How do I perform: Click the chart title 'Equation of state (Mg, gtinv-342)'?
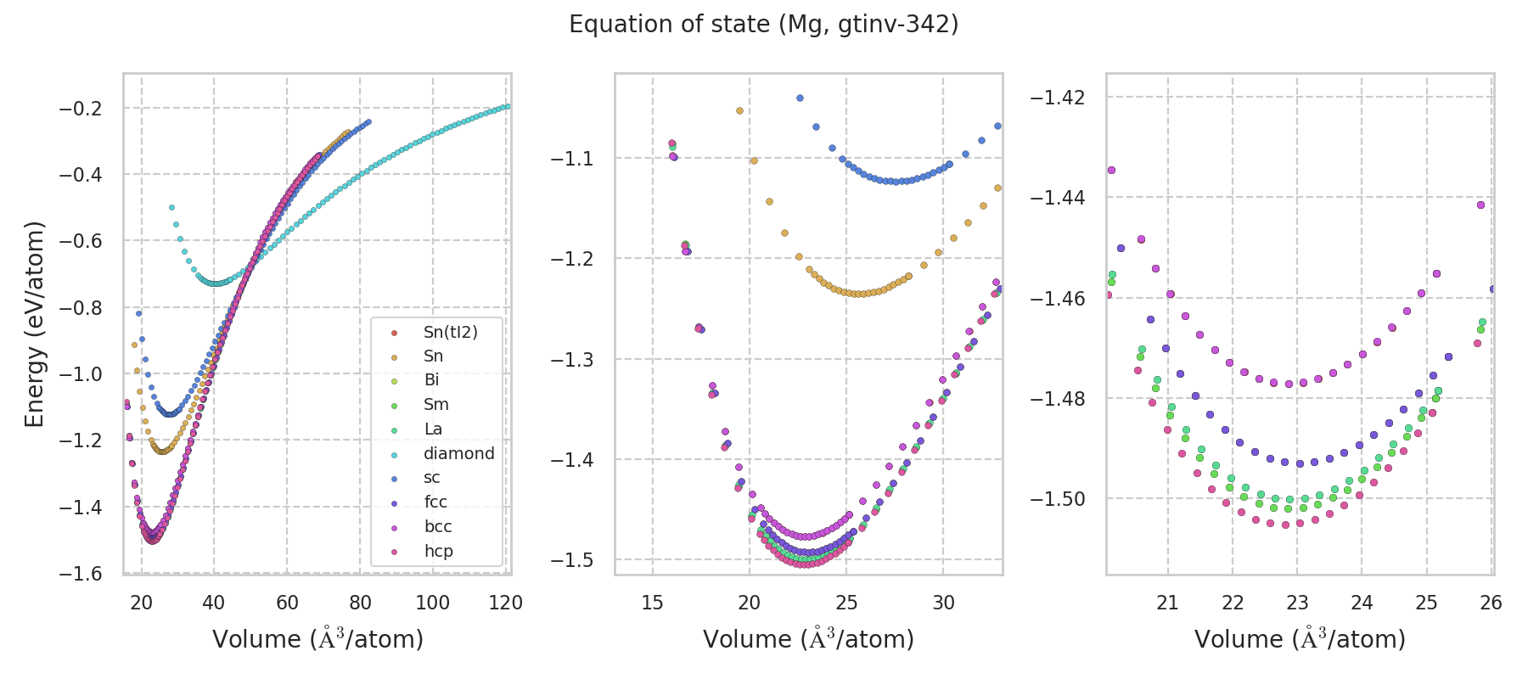click(763, 25)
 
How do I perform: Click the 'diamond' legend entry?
click(458, 453)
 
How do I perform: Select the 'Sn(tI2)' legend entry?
click(450, 332)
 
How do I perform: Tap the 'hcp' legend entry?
click(438, 551)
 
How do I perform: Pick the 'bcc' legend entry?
click(438, 526)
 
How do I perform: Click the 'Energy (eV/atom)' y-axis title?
click(34, 324)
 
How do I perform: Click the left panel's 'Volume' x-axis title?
click(317, 638)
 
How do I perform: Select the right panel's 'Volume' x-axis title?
click(1300, 638)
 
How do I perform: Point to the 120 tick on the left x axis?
click(506, 603)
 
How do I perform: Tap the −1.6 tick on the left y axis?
click(80, 574)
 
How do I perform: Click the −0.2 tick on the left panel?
click(80, 109)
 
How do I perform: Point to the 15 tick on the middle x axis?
click(652, 603)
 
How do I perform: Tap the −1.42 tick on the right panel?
click(1057, 98)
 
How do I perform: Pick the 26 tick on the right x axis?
click(1491, 603)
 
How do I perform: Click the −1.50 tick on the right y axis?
click(1057, 499)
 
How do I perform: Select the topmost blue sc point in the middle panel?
click(800, 98)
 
